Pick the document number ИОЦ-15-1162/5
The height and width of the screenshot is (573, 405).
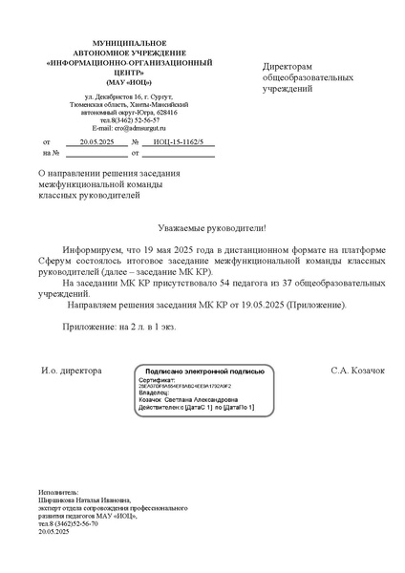[178, 139]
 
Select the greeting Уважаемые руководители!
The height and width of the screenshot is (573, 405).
[202, 229]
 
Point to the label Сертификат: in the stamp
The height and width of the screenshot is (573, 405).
[159, 379]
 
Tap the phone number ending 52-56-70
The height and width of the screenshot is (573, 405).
[79, 523]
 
